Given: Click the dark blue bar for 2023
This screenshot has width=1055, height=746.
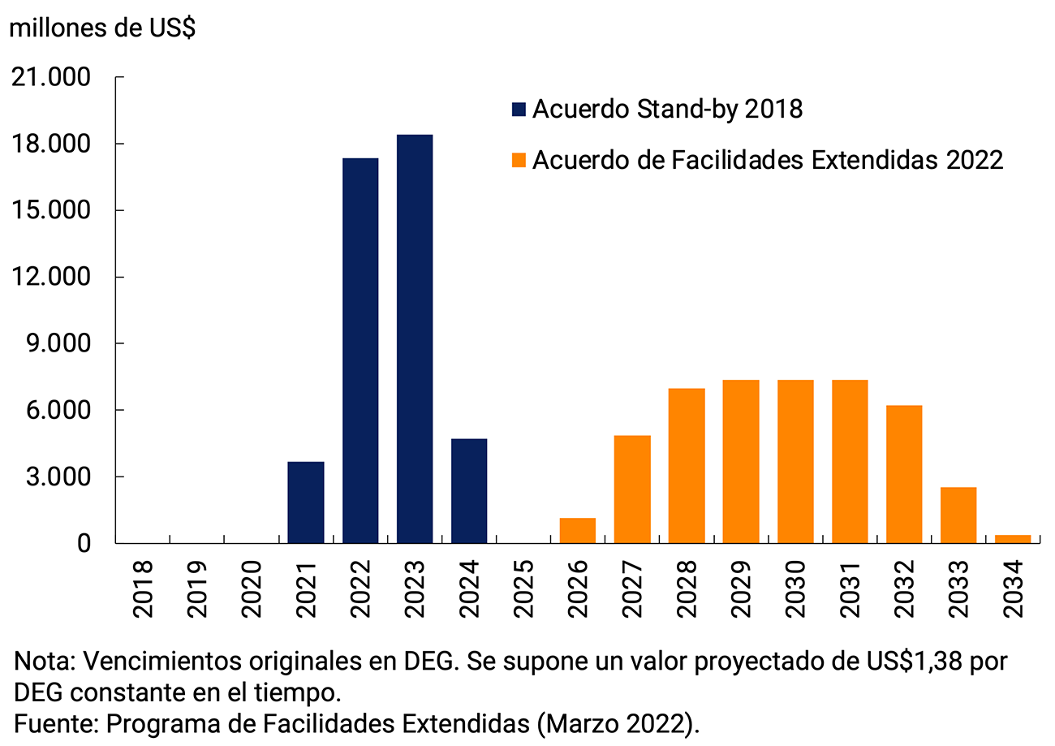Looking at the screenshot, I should point(414,339).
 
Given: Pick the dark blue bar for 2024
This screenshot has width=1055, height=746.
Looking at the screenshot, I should point(469,490).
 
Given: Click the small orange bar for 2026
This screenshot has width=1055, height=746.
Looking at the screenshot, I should point(578,530).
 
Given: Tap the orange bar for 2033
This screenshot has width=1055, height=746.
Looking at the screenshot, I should point(958,515).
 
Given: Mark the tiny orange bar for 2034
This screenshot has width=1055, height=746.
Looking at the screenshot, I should point(1013,538).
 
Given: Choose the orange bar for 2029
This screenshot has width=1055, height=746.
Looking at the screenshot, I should point(741,461).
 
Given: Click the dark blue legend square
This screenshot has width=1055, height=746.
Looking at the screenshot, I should point(519,109).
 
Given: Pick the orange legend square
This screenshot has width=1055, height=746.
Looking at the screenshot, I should point(519,160).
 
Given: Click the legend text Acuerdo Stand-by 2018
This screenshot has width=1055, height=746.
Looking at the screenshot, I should point(667,109).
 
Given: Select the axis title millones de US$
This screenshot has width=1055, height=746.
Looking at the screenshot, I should point(101,28).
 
